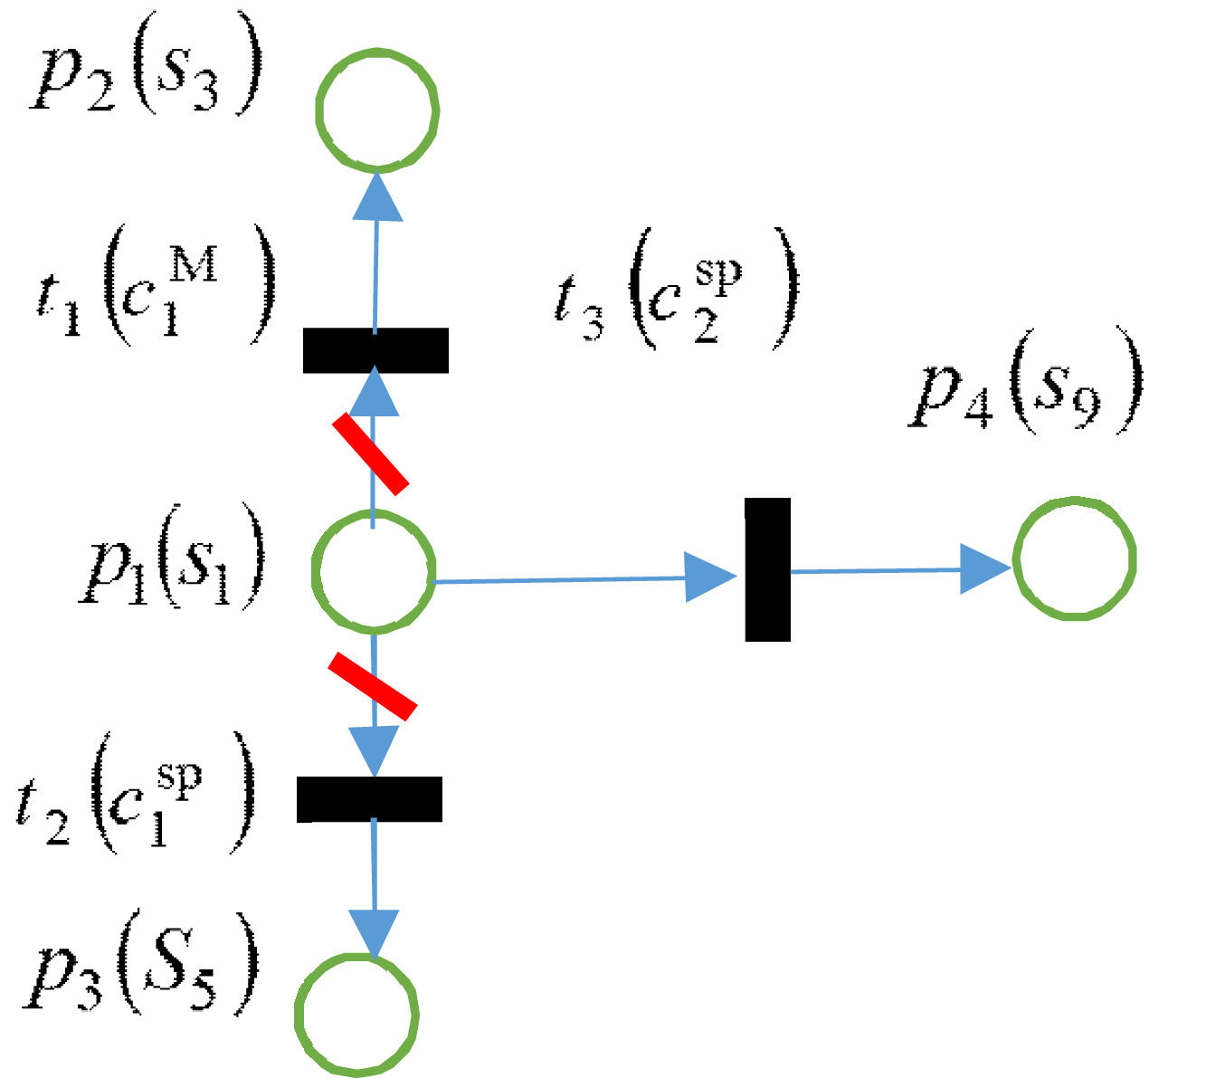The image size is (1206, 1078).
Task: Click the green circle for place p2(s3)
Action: pos(377,110)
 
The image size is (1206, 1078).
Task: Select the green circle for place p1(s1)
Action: pos(373,568)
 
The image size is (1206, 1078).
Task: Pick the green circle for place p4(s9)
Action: pos(1074,558)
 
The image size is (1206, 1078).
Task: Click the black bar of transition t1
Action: pos(375,350)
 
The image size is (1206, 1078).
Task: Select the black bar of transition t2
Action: pos(369,799)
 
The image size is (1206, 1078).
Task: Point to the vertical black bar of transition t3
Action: pos(767,569)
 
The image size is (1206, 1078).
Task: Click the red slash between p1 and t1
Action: pos(370,453)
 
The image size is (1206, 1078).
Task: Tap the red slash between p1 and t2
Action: pos(372,686)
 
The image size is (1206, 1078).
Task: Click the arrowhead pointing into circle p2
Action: pos(376,196)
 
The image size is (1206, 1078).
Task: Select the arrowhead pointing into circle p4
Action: pos(983,569)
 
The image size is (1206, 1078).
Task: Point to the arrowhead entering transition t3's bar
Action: pos(711,577)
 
